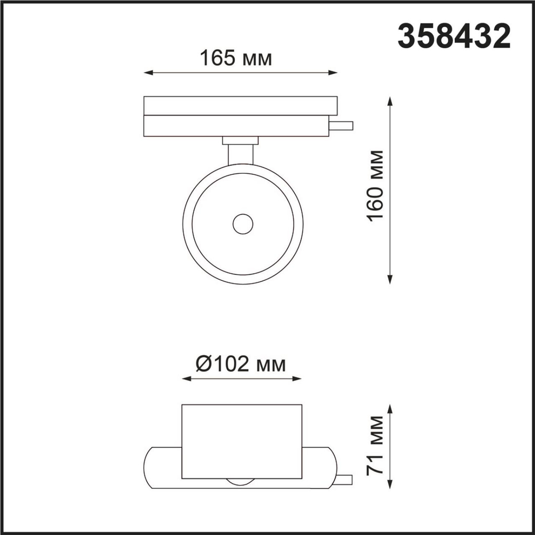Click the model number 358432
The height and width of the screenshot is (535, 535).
coord(453,37)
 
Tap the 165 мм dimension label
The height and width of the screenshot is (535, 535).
coord(236,58)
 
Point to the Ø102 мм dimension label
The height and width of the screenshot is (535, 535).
coord(241,364)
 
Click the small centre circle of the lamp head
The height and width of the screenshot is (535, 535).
coord(242,224)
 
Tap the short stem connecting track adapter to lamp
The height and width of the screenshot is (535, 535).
coord(240,154)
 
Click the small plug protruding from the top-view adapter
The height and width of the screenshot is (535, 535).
coord(341,126)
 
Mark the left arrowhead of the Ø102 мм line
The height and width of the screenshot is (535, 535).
coord(186,379)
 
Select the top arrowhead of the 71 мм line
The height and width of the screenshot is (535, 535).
coord(391,408)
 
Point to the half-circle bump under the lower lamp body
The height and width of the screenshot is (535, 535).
coord(242,481)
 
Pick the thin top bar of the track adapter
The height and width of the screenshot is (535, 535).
coord(240,105)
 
